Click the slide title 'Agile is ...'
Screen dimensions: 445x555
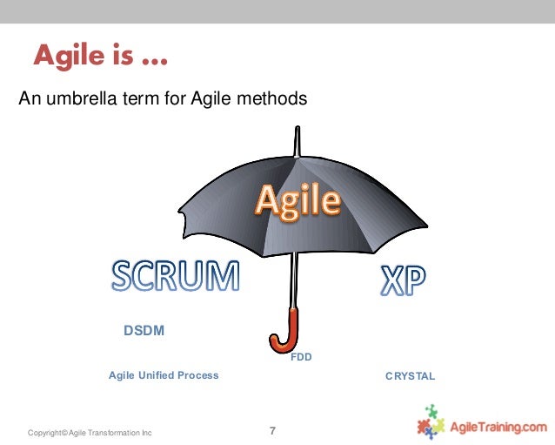pos(101,57)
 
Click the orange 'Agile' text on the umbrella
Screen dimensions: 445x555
pos(297,201)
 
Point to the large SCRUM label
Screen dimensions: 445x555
pos(175,277)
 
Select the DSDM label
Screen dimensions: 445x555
pos(144,331)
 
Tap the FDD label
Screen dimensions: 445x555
pos(301,356)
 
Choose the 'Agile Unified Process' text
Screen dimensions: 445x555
pos(164,375)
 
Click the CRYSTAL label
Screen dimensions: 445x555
pos(410,376)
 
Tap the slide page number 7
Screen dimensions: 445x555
pos(273,430)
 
